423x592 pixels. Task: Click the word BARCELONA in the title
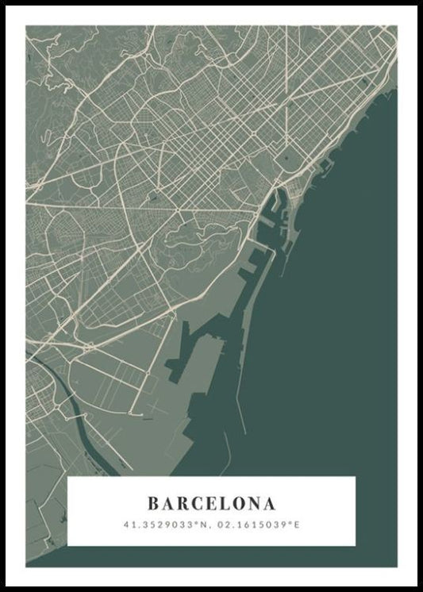(212, 504)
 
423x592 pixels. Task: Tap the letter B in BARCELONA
(153, 504)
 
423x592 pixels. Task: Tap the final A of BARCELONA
(271, 504)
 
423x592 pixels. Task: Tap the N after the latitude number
(204, 525)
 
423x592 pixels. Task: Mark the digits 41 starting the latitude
(128, 525)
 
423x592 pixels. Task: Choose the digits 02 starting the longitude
(220, 525)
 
